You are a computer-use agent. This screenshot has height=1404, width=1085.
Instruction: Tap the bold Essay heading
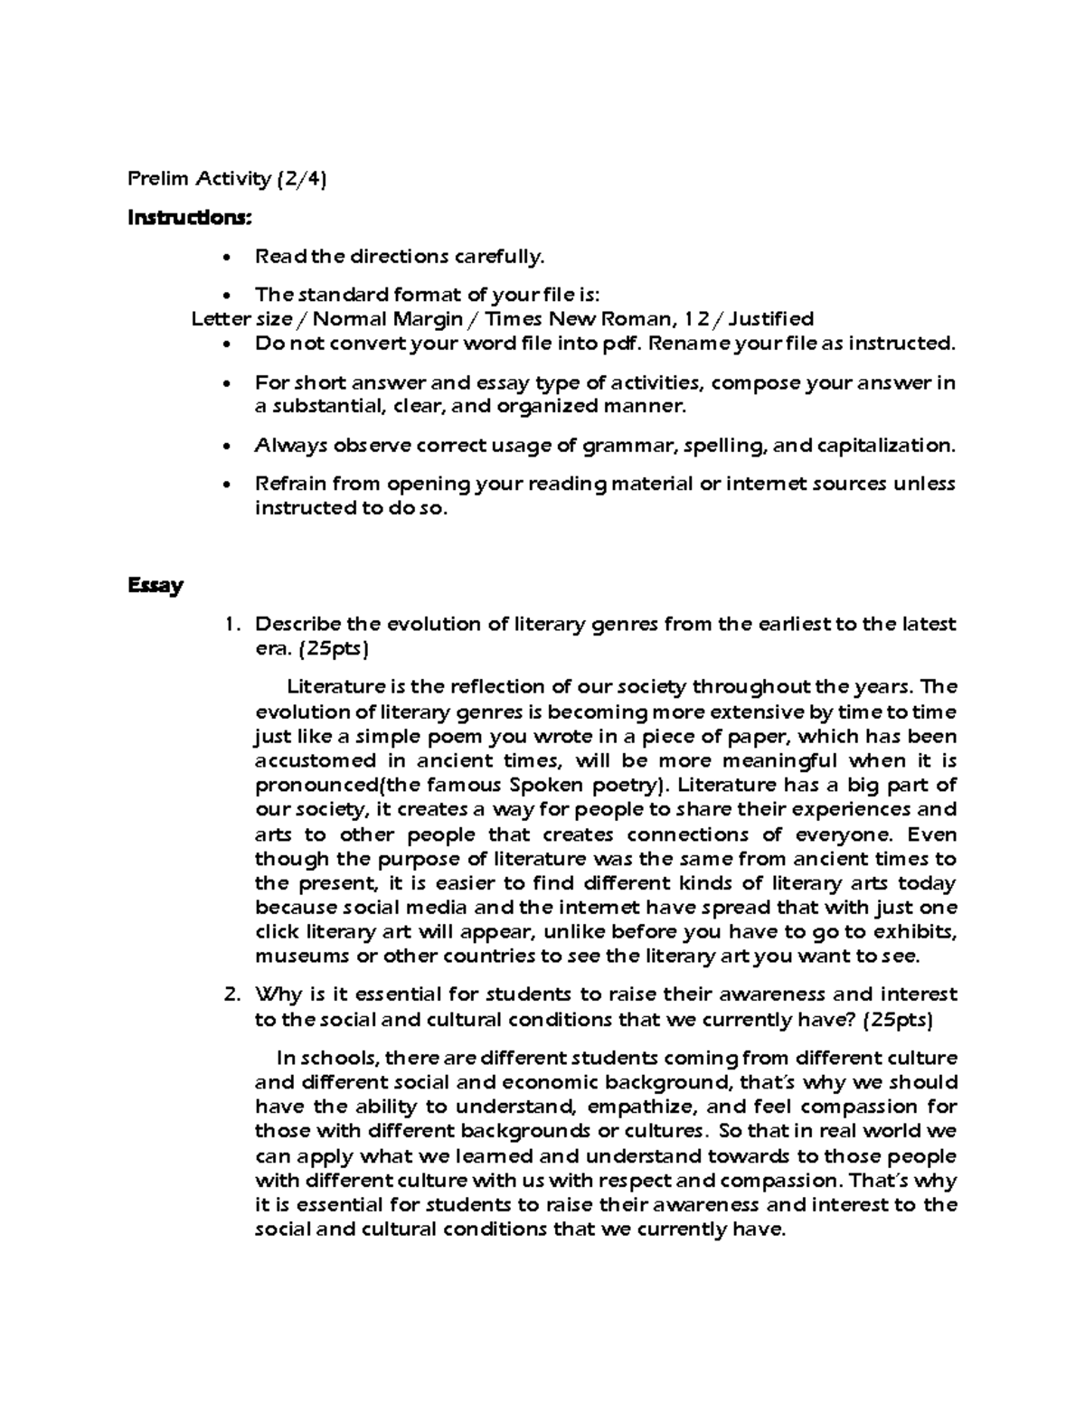156,586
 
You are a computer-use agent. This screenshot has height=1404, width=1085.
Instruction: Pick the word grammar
629,446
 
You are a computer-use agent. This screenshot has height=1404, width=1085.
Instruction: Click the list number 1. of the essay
232,625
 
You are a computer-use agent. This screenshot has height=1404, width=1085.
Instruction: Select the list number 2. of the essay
231,995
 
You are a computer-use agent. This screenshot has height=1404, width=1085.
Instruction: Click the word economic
548,1083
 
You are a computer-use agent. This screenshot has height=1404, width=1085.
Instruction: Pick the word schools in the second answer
342,1059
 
